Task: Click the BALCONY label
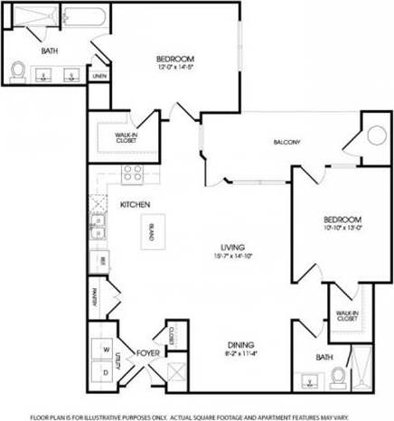[x=286, y=142]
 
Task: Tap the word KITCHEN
[x=135, y=205]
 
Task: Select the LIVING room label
[x=233, y=247]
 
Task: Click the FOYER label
[x=148, y=353]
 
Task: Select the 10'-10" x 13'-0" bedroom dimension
[x=343, y=228]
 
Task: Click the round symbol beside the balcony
[x=375, y=139]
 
